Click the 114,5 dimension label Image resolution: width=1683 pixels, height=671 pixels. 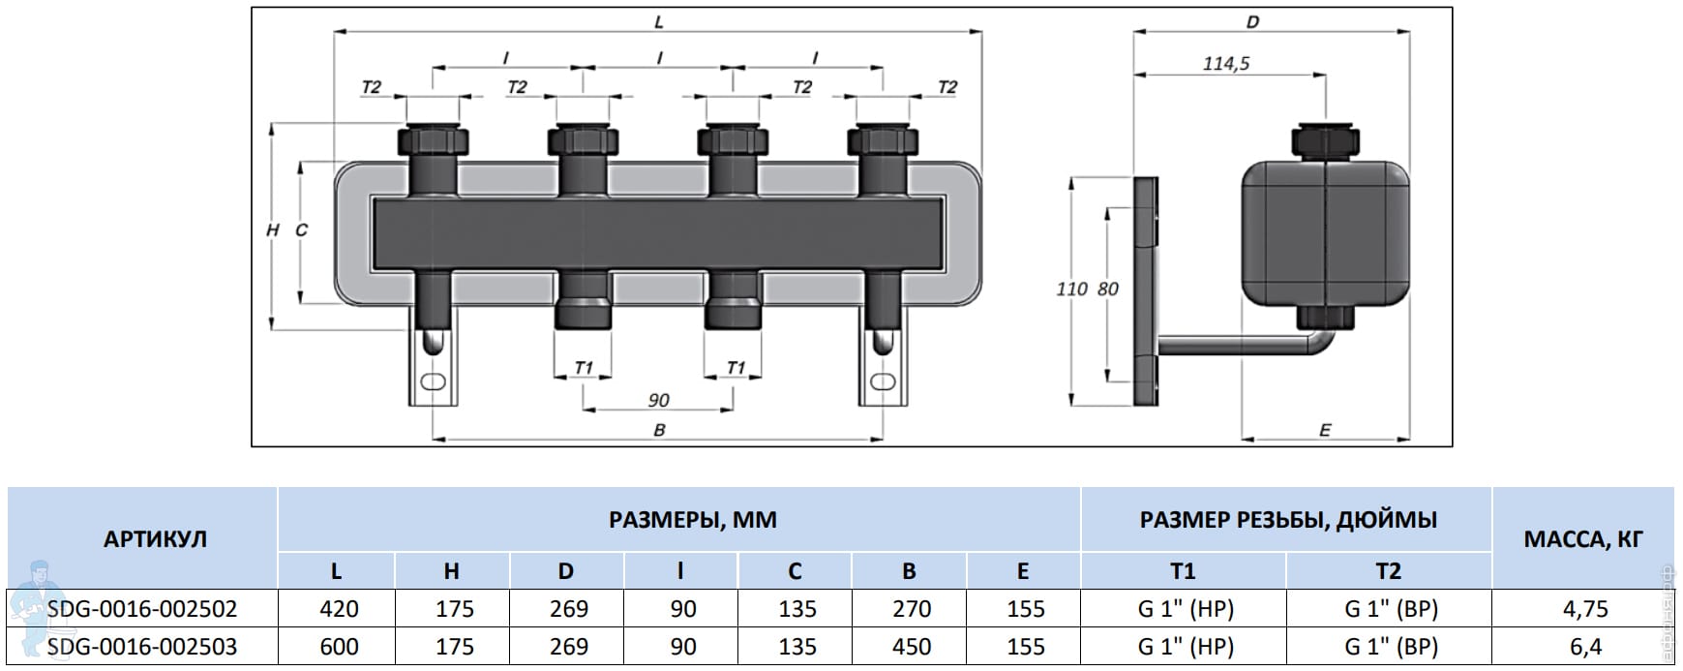(x=1226, y=64)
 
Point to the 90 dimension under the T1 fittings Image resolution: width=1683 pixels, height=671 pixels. (x=658, y=400)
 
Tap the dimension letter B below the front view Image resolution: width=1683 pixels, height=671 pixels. (x=659, y=430)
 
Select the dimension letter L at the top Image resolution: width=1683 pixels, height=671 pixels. (x=658, y=21)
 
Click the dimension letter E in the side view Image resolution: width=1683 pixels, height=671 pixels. (x=1325, y=430)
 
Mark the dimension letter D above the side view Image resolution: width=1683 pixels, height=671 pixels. (x=1252, y=21)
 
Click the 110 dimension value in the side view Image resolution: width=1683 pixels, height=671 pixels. (x=1071, y=289)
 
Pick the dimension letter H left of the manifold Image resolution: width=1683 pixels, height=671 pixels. (x=273, y=230)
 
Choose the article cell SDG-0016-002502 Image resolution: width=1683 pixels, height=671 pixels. (x=142, y=609)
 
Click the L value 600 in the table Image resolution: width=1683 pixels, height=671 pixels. (x=339, y=647)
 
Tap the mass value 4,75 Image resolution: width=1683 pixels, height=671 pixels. (x=1584, y=609)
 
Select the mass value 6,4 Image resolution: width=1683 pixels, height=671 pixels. (x=1584, y=647)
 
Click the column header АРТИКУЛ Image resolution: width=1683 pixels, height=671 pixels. (x=155, y=539)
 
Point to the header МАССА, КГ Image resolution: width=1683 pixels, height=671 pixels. (x=1583, y=539)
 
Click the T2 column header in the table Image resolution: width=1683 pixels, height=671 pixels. (x=1389, y=571)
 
